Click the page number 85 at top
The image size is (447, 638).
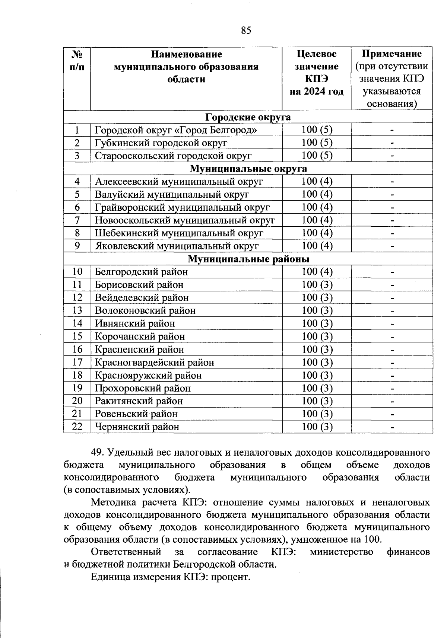(x=246, y=31)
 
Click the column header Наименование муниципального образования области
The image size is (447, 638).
(x=186, y=67)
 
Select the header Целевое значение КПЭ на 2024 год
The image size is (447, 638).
(x=316, y=73)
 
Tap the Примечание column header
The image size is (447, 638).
(x=391, y=54)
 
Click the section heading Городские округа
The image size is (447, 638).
(x=248, y=118)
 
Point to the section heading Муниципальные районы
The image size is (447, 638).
(x=248, y=259)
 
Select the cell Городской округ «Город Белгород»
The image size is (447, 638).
(x=176, y=130)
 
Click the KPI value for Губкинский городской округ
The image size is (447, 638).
(x=317, y=143)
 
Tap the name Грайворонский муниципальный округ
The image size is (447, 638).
(x=182, y=207)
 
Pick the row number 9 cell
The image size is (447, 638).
(x=77, y=246)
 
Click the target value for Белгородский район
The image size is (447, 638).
(x=317, y=272)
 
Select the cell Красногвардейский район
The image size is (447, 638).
(x=155, y=362)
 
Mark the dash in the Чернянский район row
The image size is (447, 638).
(x=392, y=427)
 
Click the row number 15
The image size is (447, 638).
(x=77, y=336)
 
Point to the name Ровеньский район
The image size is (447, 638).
(x=136, y=414)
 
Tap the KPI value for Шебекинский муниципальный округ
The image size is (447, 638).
(x=317, y=233)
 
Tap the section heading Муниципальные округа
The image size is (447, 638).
(x=248, y=169)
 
